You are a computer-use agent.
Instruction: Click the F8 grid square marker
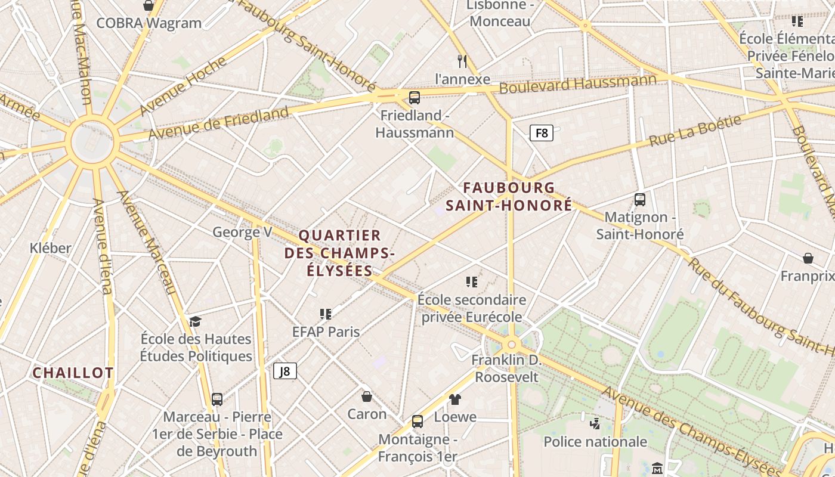[542, 133]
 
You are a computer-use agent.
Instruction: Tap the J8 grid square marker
[285, 371]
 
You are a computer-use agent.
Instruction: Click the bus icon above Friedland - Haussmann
[414, 98]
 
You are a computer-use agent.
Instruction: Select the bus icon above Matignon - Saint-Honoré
[640, 200]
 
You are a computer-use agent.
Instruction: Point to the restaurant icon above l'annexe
[462, 61]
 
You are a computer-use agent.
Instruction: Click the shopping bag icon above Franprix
[808, 258]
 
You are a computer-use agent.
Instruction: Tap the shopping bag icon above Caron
[367, 397]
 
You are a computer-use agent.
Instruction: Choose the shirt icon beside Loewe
[455, 399]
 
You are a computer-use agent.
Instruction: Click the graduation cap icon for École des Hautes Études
[196, 322]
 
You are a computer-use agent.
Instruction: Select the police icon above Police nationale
[595, 424]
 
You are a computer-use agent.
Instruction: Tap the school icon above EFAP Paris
[326, 314]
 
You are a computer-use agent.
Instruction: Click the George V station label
[242, 232]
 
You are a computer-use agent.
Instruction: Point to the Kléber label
[51, 248]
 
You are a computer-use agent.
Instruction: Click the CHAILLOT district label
[73, 373]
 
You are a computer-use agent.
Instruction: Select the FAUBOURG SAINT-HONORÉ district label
[518, 197]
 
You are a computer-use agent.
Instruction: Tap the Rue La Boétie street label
[695, 131]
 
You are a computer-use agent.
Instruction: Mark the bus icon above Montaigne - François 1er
[417, 422]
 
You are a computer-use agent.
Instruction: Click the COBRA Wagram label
[149, 23]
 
